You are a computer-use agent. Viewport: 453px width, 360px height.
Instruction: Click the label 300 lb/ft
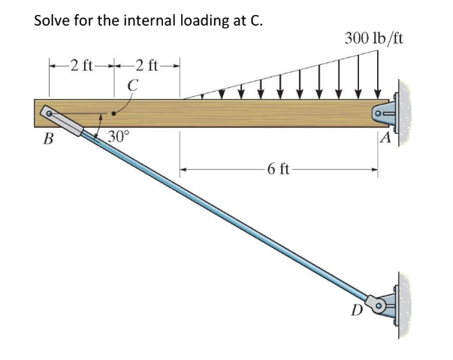pyautogui.click(x=374, y=38)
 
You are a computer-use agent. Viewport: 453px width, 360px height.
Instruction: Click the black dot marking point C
pyautogui.click(x=113, y=114)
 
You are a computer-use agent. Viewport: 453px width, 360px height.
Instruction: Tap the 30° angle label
pyautogui.click(x=119, y=137)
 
